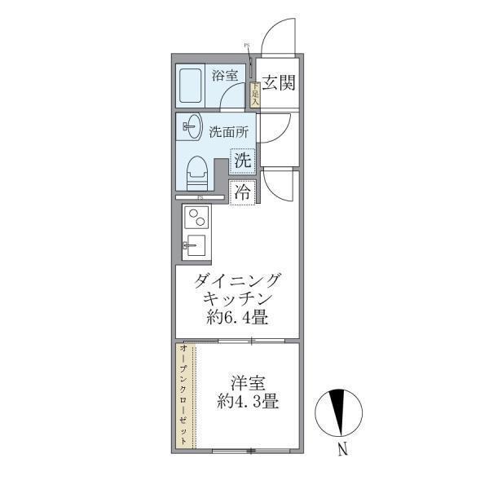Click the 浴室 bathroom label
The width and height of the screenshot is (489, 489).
click(x=224, y=76)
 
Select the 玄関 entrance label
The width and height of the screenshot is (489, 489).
click(x=277, y=82)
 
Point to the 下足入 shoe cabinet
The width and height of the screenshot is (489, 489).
click(x=254, y=95)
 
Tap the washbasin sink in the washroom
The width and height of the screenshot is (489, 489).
click(x=193, y=126)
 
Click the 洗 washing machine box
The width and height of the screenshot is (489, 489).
click(x=242, y=161)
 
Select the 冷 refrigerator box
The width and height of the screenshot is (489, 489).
click(x=242, y=193)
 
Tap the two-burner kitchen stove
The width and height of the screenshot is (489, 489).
click(x=197, y=218)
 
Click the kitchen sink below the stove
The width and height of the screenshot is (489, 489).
click(x=196, y=244)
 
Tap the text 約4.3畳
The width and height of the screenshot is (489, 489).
click(x=249, y=401)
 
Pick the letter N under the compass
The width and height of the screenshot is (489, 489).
click(x=342, y=447)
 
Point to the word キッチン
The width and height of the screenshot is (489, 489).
click(x=237, y=299)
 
